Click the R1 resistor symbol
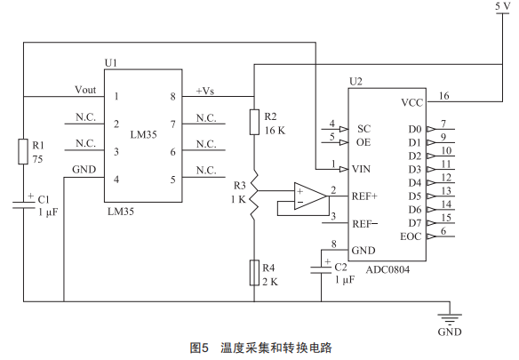pyautogui.click(x=23, y=152)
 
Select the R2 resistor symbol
pyautogui.click(x=254, y=122)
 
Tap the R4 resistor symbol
pyautogui.click(x=254, y=273)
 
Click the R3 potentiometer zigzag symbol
pyautogui.click(x=253, y=195)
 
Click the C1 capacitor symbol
pyautogui.click(x=23, y=204)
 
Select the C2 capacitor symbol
pyautogui.click(x=321, y=270)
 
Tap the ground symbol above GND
pyautogui.click(x=450, y=319)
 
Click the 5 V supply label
pyautogui.click(x=503, y=6)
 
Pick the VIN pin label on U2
pyautogui.click(x=361, y=169)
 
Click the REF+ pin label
pyautogui.click(x=364, y=196)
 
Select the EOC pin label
pyautogui.click(x=411, y=236)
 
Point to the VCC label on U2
pyautogui.click(x=412, y=103)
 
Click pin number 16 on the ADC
pyautogui.click(x=443, y=96)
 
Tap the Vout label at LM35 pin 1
pyautogui.click(x=85, y=90)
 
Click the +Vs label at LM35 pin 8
pyautogui.click(x=205, y=91)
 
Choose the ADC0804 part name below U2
pyautogui.click(x=387, y=269)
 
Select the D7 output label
pyautogui.click(x=415, y=223)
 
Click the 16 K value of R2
pyautogui.click(x=275, y=131)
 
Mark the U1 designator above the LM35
pyautogui.click(x=111, y=62)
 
